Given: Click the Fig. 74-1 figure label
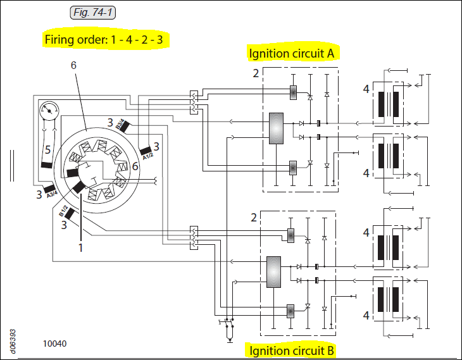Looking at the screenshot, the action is click(93, 13).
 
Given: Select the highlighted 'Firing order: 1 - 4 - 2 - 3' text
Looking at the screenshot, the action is click(104, 39).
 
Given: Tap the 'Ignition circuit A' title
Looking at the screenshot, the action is click(292, 53).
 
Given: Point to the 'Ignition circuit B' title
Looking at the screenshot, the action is click(291, 351).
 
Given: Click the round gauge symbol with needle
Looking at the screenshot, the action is click(49, 111).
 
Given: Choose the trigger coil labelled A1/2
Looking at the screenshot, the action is click(146, 151).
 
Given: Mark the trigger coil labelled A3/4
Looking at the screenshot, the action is click(49, 189).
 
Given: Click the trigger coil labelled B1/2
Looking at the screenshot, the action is click(70, 214).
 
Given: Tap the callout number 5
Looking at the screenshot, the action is click(47, 150).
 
